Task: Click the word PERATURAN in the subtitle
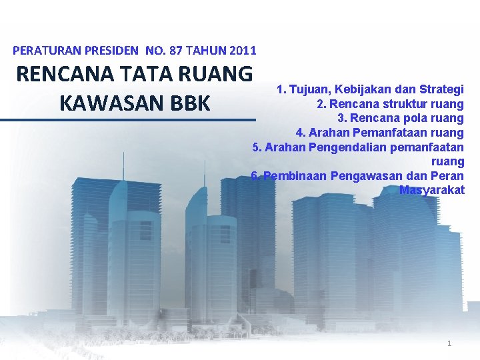tap(43, 50)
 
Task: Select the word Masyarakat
tap(431, 190)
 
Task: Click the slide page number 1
tap(449, 343)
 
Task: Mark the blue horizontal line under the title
tap(128, 120)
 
